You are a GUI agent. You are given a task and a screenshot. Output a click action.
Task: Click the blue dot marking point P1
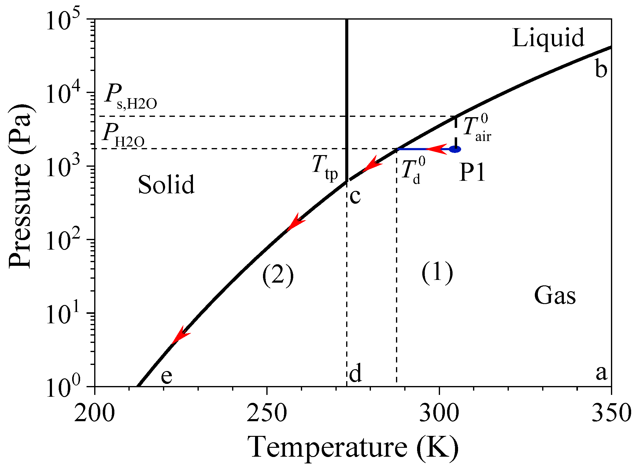tap(455, 149)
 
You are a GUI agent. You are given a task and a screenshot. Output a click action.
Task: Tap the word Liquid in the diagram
tap(548, 38)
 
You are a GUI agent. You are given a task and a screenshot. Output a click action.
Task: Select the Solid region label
tap(166, 184)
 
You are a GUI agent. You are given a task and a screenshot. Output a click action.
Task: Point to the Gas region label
tap(555, 295)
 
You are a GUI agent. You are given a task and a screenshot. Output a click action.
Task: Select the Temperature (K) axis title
tap(353, 447)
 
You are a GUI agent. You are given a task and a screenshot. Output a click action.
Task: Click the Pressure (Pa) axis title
tap(20, 187)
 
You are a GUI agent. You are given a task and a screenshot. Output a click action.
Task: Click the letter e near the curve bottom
tap(167, 376)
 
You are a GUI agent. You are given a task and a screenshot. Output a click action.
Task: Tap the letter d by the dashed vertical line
tap(355, 373)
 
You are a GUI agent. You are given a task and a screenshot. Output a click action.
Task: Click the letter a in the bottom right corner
tap(601, 373)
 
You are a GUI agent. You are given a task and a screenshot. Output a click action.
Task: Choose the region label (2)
tap(278, 274)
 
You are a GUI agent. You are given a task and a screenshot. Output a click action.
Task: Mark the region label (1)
tap(437, 272)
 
